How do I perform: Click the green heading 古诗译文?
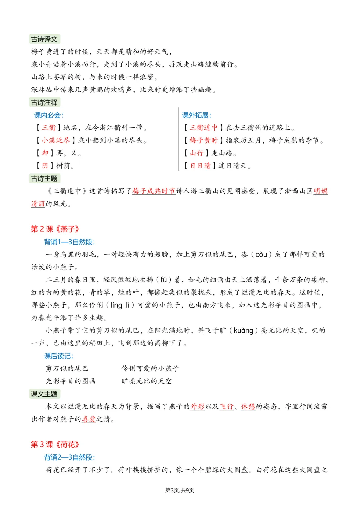[x=44, y=39]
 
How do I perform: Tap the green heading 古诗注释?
[x=44, y=103]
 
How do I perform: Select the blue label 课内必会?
[x=48, y=115]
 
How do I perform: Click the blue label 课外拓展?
[x=196, y=115]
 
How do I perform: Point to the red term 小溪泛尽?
[x=56, y=140]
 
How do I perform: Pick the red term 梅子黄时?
[x=203, y=140]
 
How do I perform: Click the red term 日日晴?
[x=200, y=166]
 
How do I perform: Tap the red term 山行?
[x=196, y=153]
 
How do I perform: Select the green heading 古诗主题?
[x=44, y=179]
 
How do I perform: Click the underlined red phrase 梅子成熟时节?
[x=154, y=191]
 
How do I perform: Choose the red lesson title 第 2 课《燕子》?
[x=55, y=229]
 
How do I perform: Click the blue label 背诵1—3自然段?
[x=69, y=242]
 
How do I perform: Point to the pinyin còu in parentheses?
[x=261, y=255]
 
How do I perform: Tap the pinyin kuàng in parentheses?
[x=243, y=331]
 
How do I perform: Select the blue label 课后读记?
[x=59, y=356]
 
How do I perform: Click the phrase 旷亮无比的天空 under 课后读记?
[x=147, y=381]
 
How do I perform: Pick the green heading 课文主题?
[x=44, y=394]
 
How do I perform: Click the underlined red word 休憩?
[x=248, y=407]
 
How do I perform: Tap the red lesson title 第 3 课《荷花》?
[x=55, y=445]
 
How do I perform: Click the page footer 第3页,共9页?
[x=180, y=490]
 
